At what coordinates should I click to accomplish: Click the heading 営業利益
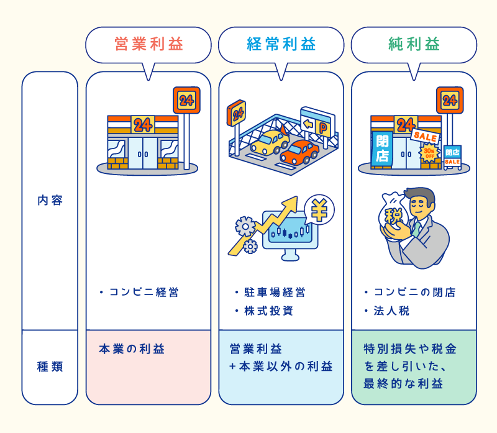click(149, 45)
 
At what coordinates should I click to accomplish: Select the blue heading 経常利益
click(281, 45)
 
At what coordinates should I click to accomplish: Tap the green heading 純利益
click(414, 45)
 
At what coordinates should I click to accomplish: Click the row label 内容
click(50, 201)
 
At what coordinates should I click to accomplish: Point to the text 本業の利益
click(132, 349)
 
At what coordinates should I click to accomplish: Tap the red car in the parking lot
click(299, 152)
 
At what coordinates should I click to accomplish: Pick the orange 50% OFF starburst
click(429, 152)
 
